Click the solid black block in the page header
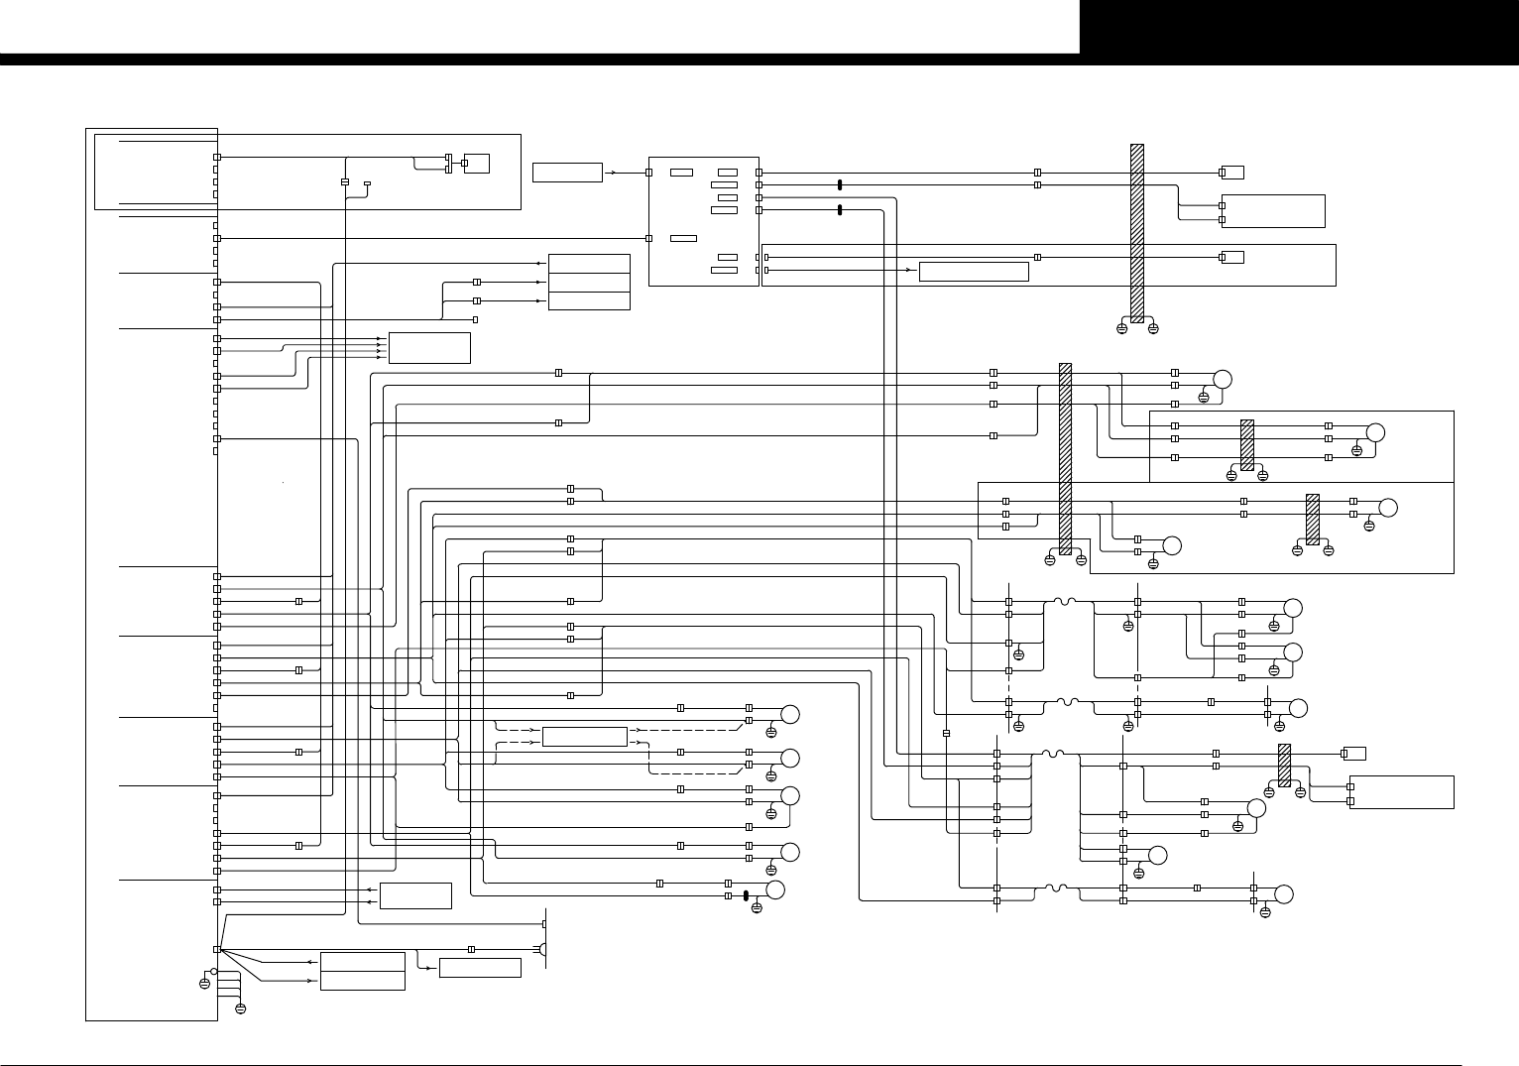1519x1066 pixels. (x=1299, y=27)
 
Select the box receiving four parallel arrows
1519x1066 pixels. (x=429, y=348)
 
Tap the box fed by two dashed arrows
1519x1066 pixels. (x=585, y=737)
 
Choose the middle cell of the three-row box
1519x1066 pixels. (x=589, y=282)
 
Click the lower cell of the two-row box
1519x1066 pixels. (x=362, y=981)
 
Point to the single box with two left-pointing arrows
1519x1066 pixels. (x=415, y=895)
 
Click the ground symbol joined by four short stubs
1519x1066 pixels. (x=240, y=1008)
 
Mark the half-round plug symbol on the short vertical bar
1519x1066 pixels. (x=543, y=950)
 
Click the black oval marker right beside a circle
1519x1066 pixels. (x=745, y=895)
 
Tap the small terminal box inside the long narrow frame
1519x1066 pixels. (x=1231, y=258)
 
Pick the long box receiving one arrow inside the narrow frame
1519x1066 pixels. (x=974, y=271)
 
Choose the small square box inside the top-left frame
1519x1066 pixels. (x=476, y=164)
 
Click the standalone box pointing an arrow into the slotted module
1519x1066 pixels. (x=567, y=173)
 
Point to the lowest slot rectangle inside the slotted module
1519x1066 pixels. (x=725, y=270)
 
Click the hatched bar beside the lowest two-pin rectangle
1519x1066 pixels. (x=1284, y=765)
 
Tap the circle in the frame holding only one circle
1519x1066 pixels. (x=1375, y=432)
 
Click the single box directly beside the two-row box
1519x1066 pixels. (x=480, y=968)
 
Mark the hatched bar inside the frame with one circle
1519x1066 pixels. (x=1247, y=444)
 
